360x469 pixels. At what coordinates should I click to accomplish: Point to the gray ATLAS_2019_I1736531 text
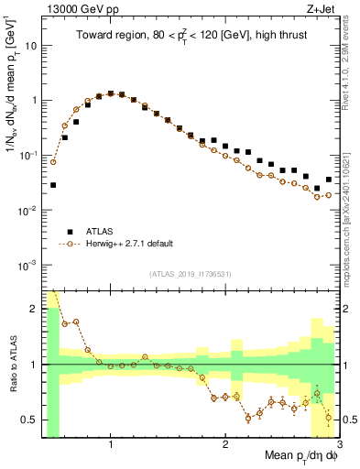tap(191, 274)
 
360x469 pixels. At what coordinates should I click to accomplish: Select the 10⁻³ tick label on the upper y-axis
tap(28, 265)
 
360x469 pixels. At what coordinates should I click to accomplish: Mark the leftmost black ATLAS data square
tap(53, 185)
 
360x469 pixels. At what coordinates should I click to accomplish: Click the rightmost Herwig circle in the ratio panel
tap(329, 418)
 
